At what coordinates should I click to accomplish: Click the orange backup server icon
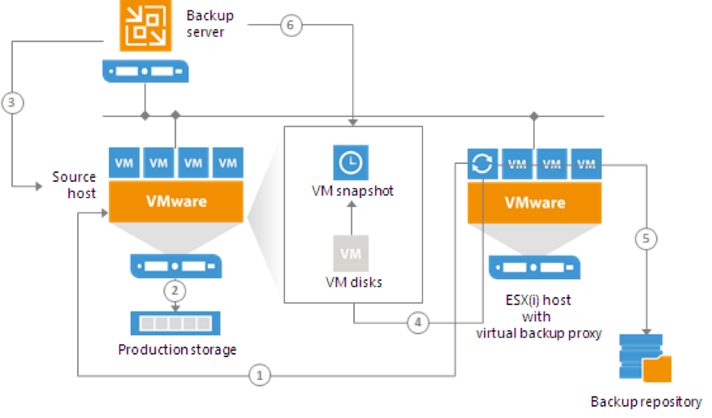145,25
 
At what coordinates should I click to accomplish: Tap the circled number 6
291,25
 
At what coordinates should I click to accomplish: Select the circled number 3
12,102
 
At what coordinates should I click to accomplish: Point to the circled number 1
259,375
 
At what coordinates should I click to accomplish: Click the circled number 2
175,291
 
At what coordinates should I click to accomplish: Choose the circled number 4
418,322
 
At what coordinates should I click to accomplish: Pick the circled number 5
645,239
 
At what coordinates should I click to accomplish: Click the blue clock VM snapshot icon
351,162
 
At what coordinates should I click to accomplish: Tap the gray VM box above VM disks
351,253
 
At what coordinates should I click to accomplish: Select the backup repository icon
645,358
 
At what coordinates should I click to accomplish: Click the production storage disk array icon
175,323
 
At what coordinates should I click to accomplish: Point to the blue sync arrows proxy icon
482,163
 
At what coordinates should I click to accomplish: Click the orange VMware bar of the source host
176,201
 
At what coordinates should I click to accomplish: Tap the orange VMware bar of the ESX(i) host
534,203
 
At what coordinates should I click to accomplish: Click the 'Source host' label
74,185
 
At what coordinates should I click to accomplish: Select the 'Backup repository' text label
646,402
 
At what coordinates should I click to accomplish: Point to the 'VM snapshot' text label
352,191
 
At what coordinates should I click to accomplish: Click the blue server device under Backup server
145,71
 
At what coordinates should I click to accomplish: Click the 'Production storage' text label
177,350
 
